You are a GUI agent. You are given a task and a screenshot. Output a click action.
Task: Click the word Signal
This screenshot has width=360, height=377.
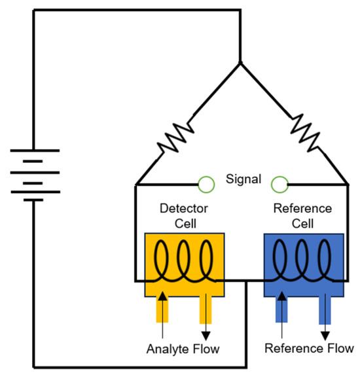point(243,178)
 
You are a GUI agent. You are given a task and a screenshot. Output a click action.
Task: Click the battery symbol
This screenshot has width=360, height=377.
point(35,174)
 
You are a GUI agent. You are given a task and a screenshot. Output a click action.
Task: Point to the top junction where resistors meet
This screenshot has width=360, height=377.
point(240,63)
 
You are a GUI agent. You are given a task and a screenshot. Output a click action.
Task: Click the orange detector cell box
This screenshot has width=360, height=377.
point(184,265)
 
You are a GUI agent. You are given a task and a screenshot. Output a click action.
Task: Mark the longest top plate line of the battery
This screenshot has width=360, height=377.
point(35,149)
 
